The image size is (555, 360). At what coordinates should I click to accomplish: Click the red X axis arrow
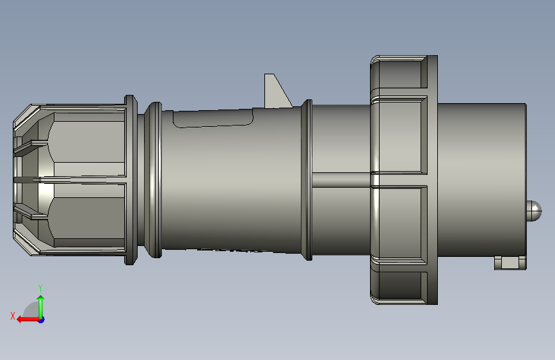pos(28,320)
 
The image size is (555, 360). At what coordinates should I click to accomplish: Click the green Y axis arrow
pos(41,307)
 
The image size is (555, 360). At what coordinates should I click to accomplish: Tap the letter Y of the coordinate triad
pos(40,288)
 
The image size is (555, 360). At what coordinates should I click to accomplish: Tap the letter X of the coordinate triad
pos(13,316)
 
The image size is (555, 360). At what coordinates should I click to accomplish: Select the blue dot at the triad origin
pos(42,320)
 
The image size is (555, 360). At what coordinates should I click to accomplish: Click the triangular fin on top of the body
pos(277,91)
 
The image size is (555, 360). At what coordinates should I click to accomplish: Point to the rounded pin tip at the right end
pos(534,210)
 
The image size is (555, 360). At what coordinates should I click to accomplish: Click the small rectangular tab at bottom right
pos(510,263)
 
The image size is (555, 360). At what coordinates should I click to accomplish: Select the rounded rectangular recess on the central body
pos(213,118)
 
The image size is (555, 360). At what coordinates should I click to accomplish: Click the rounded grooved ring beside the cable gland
pos(154,179)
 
